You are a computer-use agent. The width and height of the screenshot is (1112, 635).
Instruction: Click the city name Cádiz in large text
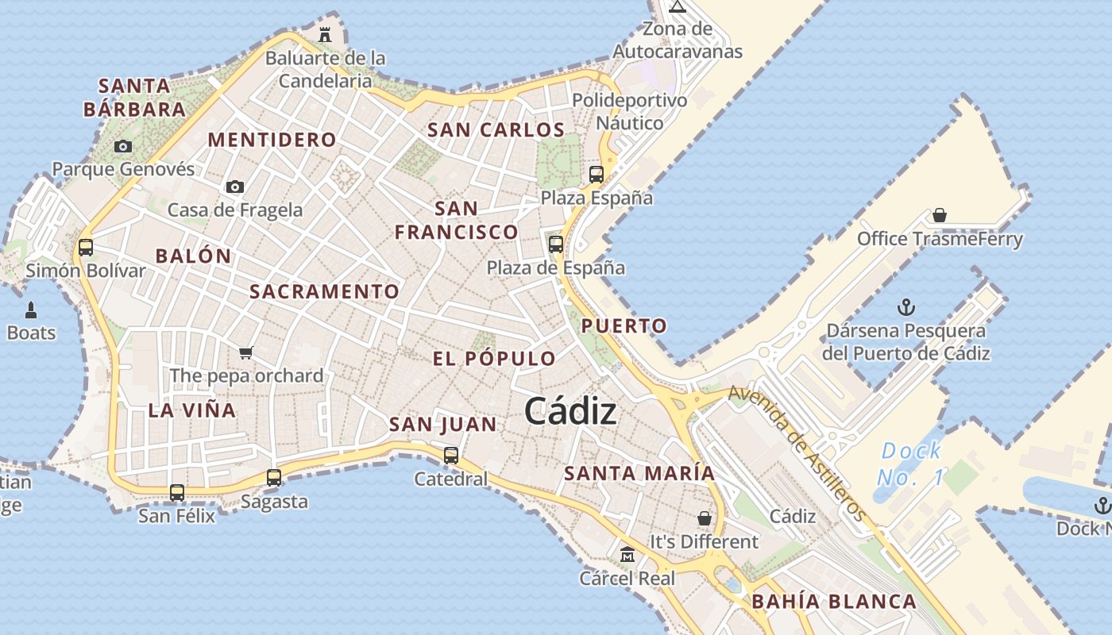pos(570,411)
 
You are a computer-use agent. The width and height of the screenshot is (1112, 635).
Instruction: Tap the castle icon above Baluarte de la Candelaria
pos(325,34)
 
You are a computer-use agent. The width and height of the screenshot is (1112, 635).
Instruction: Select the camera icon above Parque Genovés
pos(122,146)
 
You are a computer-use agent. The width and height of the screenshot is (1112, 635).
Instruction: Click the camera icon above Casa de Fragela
pos(234,187)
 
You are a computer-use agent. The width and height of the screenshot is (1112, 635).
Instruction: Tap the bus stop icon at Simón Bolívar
pos(86,247)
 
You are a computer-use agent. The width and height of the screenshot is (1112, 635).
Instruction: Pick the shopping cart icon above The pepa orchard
pos(246,352)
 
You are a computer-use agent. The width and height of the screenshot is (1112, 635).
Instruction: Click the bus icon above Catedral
pos(451,456)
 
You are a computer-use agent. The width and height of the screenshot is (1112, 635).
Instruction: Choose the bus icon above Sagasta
pos(274,478)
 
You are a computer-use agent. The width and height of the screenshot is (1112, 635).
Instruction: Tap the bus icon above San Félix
pos(177,492)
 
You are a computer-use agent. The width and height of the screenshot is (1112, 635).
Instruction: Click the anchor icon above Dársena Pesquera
pos(905,307)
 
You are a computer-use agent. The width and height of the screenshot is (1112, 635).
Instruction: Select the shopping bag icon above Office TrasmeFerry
pos(940,215)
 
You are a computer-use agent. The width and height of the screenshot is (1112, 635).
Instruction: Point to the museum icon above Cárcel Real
pos(627,554)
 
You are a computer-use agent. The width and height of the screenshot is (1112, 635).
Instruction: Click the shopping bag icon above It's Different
pos(705,518)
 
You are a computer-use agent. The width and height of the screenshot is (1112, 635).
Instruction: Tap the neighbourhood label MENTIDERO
pos(272,140)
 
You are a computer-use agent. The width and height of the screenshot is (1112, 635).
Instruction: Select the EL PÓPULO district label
pos(494,359)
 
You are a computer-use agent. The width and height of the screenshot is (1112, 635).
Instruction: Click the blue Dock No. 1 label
pos(910,464)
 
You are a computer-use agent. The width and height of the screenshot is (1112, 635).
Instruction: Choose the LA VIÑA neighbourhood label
pos(192,410)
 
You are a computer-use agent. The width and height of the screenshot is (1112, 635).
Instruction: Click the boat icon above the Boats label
pos(32,310)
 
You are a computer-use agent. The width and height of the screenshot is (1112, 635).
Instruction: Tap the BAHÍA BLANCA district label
pos(834,602)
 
